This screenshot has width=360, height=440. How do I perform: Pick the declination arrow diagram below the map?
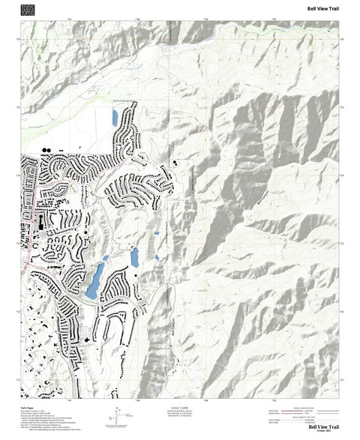pyautogui.click(x=118, y=413)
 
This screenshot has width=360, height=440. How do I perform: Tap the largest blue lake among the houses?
pyautogui.click(x=94, y=281)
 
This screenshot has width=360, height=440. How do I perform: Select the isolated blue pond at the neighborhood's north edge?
pyautogui.click(x=114, y=118)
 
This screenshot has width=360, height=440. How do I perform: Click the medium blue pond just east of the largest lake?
pyautogui.click(x=135, y=257)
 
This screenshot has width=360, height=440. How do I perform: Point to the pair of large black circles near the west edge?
pyautogui.click(x=46, y=150)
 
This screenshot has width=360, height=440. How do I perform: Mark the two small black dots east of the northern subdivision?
pyautogui.click(x=175, y=161)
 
